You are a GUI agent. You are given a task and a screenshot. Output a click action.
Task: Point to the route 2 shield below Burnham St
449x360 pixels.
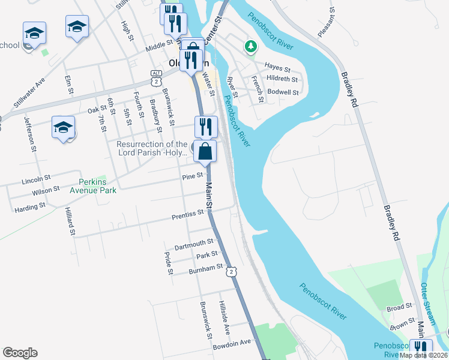pos(231,272)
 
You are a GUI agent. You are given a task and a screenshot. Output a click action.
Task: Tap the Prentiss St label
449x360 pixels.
pos(188,214)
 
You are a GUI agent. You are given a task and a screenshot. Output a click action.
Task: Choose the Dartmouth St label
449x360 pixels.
pos(194,244)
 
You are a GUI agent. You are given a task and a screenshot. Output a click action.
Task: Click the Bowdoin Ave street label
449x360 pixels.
pos(232,343)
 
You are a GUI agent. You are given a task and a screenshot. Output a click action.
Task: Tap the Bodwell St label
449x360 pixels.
pos(283,92)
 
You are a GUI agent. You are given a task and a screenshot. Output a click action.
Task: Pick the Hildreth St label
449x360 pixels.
pos(282,79)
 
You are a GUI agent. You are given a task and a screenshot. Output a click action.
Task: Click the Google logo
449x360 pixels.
pos(20,353)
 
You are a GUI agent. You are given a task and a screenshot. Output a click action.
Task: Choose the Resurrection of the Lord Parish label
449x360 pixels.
pos(152,148)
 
